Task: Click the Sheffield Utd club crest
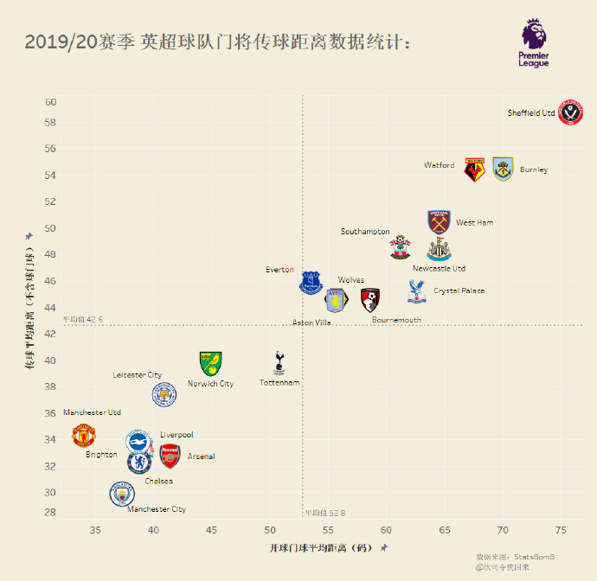pos(571,112)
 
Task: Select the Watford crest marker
pos(474,169)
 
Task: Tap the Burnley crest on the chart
pos(503,169)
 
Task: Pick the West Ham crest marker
pos(440,222)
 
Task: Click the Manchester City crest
pos(123,495)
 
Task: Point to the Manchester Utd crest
pos(83,435)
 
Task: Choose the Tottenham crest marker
pos(279,363)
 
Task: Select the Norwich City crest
pos(210,363)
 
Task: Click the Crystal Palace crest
pos(417,291)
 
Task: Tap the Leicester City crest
pos(164,395)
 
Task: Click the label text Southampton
pos(365,232)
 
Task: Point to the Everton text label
pos(279,270)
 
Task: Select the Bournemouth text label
pos(396,320)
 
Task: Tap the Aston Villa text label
pos(311,322)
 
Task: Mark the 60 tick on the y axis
pos(51,102)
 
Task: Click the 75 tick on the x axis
pos(560,529)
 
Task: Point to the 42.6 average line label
pos(83,320)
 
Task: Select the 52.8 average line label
pos(325,513)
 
